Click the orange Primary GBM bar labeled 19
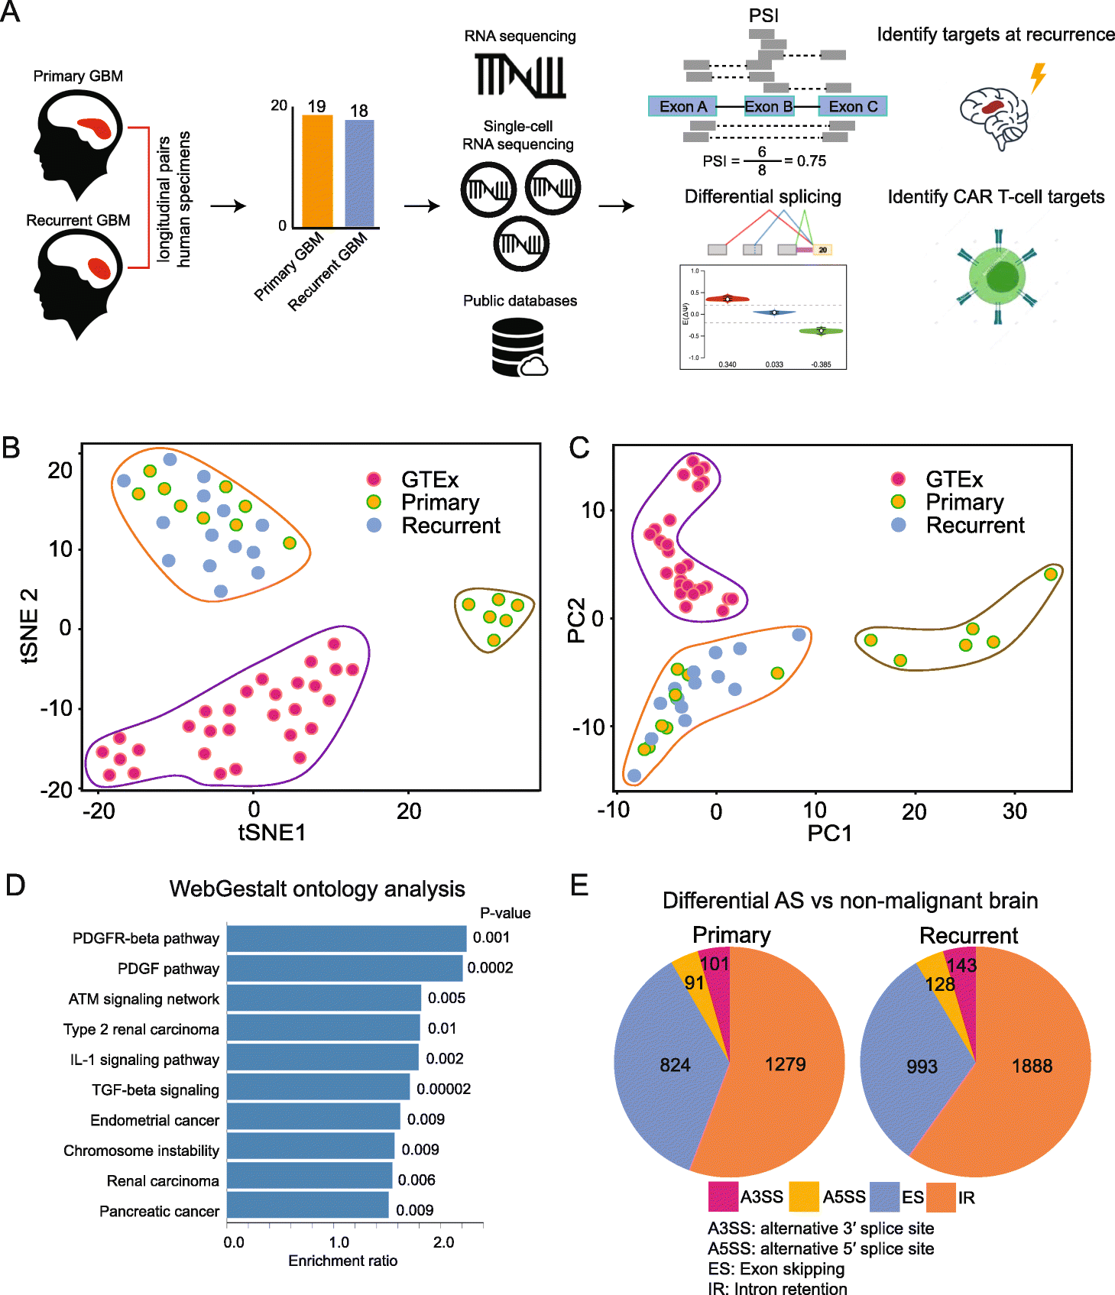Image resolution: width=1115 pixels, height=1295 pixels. click(x=317, y=171)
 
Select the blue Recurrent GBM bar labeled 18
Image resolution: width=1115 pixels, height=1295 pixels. click(x=359, y=173)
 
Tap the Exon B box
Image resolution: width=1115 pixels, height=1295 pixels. click(x=768, y=107)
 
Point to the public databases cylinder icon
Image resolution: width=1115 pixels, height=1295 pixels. click(x=517, y=348)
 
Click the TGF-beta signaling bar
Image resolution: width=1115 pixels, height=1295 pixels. click(x=318, y=1089)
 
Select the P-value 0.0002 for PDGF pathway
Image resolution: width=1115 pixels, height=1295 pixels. click(x=490, y=968)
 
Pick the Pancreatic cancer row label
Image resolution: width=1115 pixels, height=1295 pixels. click(x=159, y=1211)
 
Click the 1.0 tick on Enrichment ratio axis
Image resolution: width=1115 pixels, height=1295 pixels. click(x=339, y=1242)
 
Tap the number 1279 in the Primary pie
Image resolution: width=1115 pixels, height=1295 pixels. click(x=785, y=1064)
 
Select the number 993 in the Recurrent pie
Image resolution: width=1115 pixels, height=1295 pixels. click(x=922, y=1067)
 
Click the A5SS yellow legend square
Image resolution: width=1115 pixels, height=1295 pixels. click(x=803, y=1196)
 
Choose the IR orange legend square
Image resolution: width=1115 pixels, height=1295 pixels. click(x=941, y=1197)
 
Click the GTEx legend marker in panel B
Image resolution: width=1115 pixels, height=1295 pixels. click(x=374, y=479)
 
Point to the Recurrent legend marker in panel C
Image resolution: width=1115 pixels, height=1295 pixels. click(x=898, y=525)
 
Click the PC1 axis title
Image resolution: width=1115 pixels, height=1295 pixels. click(x=829, y=833)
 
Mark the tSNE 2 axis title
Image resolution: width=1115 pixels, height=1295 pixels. click(x=29, y=626)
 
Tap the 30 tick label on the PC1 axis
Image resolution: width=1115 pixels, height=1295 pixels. click(x=1014, y=811)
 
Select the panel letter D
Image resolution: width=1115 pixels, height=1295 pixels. click(x=15, y=885)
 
